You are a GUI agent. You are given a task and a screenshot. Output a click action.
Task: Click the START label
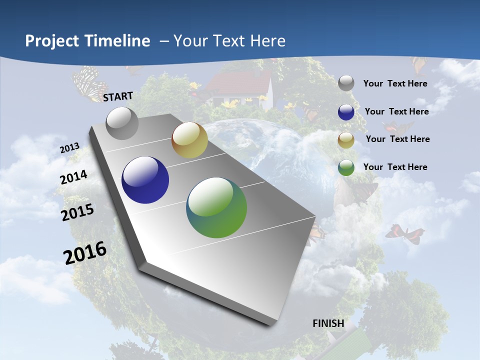[x=118, y=96]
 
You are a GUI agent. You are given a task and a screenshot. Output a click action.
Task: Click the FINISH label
[x=328, y=323]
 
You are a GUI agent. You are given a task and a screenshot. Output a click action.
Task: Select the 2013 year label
[x=70, y=148]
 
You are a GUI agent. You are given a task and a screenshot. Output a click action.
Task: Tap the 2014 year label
[x=74, y=177]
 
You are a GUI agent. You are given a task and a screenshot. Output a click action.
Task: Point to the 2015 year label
[x=77, y=212]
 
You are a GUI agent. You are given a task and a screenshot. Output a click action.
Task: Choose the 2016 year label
[x=85, y=252]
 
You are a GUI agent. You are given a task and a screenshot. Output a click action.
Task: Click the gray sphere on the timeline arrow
[x=122, y=123]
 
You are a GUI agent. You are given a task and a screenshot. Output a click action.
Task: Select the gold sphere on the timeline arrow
[x=189, y=140]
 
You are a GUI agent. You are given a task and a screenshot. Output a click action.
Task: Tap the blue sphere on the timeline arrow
[x=145, y=180]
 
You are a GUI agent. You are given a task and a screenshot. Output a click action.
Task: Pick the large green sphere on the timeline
[x=216, y=207]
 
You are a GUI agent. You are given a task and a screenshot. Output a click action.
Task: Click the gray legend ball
[x=346, y=83]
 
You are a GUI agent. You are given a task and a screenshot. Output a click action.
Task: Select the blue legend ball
[x=346, y=112]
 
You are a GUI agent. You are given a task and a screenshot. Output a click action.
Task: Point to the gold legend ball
[x=346, y=140]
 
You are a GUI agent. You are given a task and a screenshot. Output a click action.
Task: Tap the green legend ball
[x=346, y=167]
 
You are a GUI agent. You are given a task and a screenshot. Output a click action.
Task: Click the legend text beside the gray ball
[x=395, y=83]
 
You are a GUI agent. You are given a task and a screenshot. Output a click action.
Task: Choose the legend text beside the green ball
[x=395, y=167]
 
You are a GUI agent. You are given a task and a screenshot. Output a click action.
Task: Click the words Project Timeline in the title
[x=87, y=41]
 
